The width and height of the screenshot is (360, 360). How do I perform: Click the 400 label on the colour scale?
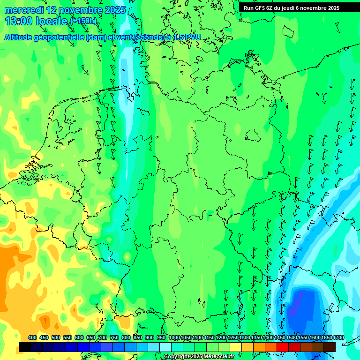tap(32, 337)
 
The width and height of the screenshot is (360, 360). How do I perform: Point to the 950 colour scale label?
tap(161, 337)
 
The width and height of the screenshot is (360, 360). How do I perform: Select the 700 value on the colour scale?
tap(103, 337)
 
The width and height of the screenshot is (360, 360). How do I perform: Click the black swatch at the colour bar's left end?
tap(25, 347)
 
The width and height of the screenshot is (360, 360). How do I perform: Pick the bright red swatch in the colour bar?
tap(283, 347)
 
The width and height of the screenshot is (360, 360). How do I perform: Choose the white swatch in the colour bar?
tap(165, 347)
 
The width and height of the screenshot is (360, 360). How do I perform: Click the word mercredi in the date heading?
tap(24, 10)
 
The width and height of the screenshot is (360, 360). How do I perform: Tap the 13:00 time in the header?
tap(19, 21)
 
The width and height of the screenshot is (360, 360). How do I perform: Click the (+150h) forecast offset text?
tap(83, 21)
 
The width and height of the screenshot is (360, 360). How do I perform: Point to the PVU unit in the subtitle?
tap(192, 37)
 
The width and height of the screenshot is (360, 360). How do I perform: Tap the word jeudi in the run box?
tap(292, 7)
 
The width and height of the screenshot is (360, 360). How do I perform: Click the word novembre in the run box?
tap(315, 7)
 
